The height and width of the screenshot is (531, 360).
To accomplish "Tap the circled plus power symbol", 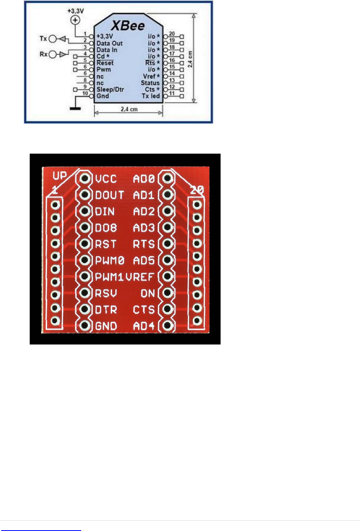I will click(x=75, y=20).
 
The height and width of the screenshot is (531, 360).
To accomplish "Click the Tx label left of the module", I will click(x=43, y=39).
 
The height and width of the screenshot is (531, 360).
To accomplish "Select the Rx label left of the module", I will click(x=43, y=54).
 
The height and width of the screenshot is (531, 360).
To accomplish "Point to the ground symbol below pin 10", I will click(x=75, y=108).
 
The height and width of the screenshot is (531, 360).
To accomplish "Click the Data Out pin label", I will click(x=109, y=43).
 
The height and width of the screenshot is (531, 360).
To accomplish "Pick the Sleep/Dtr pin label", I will click(x=110, y=89).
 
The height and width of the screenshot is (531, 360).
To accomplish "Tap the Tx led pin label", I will click(x=150, y=96).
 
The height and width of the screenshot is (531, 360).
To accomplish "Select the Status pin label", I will click(x=150, y=83).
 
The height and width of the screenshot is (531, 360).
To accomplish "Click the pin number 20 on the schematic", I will click(x=172, y=34).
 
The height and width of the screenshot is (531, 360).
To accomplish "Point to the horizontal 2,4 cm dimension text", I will click(x=129, y=109).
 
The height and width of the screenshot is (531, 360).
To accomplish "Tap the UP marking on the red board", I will click(x=60, y=175).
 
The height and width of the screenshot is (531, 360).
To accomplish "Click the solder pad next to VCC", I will click(x=84, y=179).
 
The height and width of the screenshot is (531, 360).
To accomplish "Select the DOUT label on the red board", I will click(x=109, y=195).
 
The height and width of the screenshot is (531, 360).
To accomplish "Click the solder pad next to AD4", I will click(x=167, y=325).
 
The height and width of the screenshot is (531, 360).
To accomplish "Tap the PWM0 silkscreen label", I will click(x=110, y=261).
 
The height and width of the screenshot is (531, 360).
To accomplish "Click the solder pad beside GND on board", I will click(x=84, y=325).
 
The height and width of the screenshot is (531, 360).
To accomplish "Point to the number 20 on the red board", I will click(x=197, y=190).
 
